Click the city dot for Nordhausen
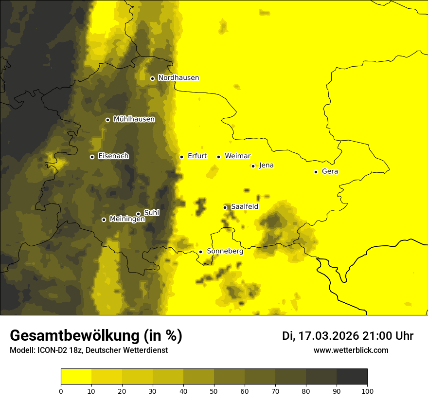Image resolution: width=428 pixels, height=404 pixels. click(x=152, y=78)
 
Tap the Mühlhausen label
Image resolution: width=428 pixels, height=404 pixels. click(x=134, y=119)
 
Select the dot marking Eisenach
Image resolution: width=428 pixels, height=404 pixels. click(x=92, y=157)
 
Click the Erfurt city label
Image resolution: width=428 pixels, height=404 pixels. click(x=197, y=156)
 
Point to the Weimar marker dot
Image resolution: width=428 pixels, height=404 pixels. click(x=218, y=157)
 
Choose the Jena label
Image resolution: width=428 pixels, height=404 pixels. click(x=266, y=165)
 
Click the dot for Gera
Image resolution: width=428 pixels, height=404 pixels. click(x=316, y=172)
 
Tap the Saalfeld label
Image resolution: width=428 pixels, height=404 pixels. click(x=244, y=207)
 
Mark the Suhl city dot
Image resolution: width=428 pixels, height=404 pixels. click(x=138, y=214)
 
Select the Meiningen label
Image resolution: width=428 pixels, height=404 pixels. click(x=127, y=220)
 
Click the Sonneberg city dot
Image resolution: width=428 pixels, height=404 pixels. click(x=200, y=252)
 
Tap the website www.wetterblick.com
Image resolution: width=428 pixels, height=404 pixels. click(x=351, y=350)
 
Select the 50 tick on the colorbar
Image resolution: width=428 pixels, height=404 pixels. click(x=214, y=391)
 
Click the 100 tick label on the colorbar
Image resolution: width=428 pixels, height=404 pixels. click(x=367, y=391)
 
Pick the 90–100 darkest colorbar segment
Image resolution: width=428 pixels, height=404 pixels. click(x=352, y=377)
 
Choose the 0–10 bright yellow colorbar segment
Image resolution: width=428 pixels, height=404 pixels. click(x=76, y=377)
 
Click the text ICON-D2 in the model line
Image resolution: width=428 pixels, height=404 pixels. click(x=51, y=350)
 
